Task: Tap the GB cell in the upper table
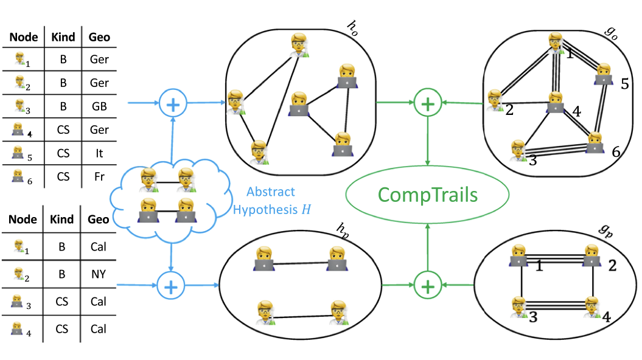click(99, 106)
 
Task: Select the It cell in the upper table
click(99, 153)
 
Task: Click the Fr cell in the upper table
click(99, 177)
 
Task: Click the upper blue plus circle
click(173, 104)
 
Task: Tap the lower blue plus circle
click(171, 284)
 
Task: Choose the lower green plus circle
click(428, 285)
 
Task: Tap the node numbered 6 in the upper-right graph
click(595, 144)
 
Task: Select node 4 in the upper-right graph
click(554, 103)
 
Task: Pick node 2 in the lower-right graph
click(591, 255)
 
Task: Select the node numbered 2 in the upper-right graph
click(496, 100)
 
